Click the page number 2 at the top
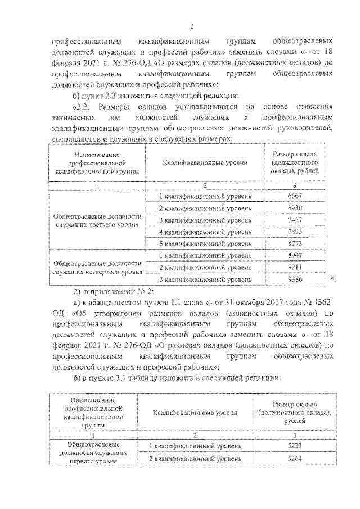(191, 26)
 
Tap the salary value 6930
(295, 208)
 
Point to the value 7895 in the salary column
(295, 231)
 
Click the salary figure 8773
(295, 243)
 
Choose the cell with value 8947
(295, 255)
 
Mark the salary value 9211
(295, 267)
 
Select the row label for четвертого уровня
(96, 267)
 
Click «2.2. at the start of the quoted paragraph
(83, 107)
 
